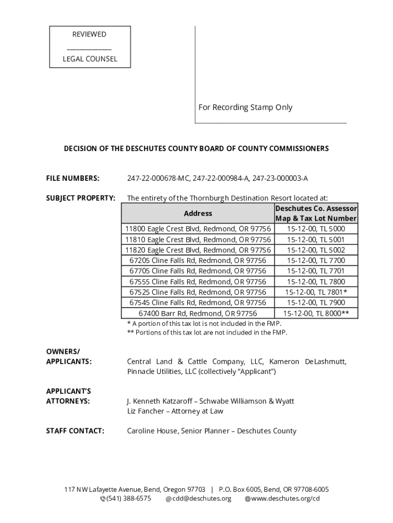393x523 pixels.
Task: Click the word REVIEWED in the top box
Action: (89, 34)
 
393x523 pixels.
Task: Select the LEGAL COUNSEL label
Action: (90, 59)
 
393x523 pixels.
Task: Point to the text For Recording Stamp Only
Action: (245, 107)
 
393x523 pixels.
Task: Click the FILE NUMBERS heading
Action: (72, 178)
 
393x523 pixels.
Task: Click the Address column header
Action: (198, 213)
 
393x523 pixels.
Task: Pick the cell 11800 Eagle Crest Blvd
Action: (198, 229)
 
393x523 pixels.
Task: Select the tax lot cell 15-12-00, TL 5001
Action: (315, 240)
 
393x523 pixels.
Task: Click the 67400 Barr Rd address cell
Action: (198, 314)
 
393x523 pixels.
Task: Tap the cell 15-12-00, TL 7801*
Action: (316, 292)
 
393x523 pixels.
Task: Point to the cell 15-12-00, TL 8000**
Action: (316, 314)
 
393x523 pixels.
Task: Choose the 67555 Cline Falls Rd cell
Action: (198, 282)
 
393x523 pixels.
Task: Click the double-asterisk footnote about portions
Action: (207, 332)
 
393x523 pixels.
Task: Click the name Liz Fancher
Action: (148, 411)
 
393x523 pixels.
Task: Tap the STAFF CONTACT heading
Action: (75, 431)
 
